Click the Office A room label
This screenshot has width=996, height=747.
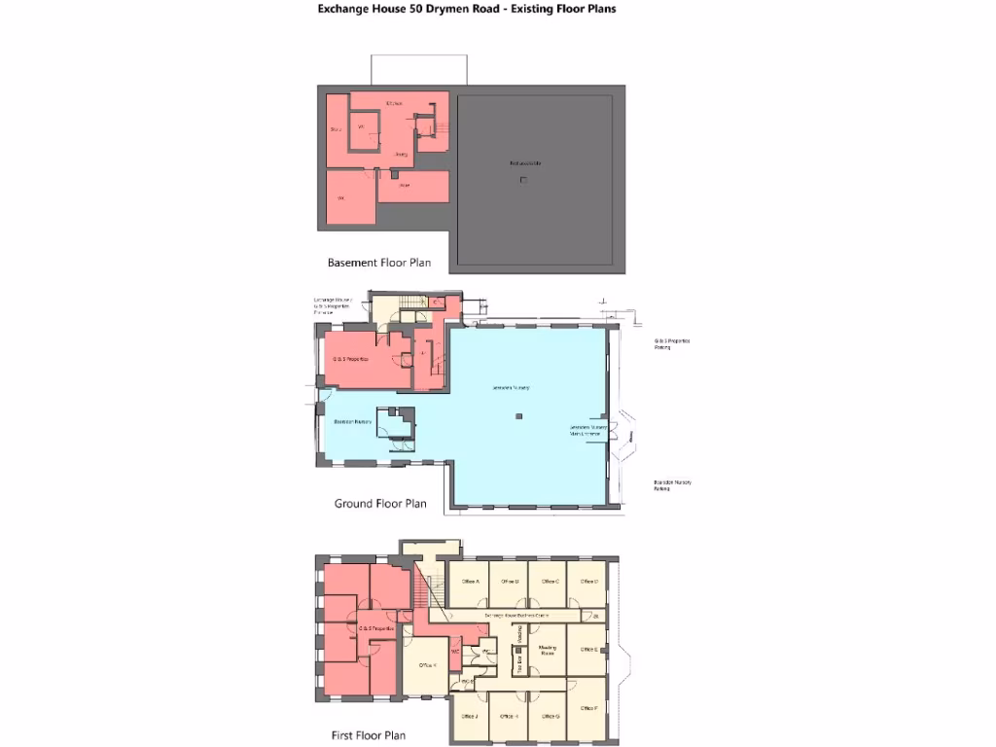click(x=472, y=581)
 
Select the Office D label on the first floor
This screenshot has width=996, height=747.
click(x=588, y=581)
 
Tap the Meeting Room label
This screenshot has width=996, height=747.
click(x=547, y=650)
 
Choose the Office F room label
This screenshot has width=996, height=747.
click(x=588, y=708)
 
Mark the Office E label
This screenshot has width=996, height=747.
click(x=588, y=648)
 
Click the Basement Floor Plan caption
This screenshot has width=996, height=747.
click(x=379, y=263)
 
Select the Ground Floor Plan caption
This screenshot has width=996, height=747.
click(x=380, y=504)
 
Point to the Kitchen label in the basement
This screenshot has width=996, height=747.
click(x=394, y=102)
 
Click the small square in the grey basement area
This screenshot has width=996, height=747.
click(x=523, y=180)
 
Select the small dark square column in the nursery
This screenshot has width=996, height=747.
click(x=519, y=416)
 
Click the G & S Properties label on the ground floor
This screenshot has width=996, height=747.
click(x=349, y=360)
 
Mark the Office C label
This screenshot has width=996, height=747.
click(x=550, y=581)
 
